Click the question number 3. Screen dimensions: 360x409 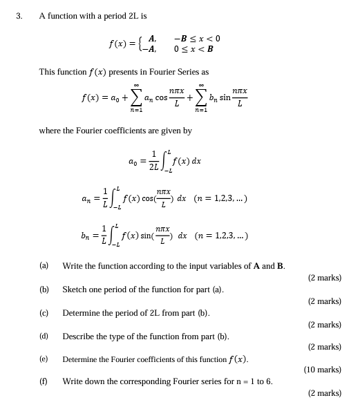click(x=19, y=16)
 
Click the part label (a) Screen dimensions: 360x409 click(x=44, y=265)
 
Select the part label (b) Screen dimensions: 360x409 click(x=44, y=289)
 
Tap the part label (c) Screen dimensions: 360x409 click(x=44, y=312)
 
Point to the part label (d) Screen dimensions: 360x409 click(x=44, y=336)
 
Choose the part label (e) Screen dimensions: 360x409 click(x=44, y=359)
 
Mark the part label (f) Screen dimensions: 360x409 click(x=44, y=381)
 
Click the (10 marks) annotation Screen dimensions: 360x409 click(x=322, y=370)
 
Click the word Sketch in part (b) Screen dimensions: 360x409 click(x=75, y=289)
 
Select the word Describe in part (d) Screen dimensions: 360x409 click(x=79, y=336)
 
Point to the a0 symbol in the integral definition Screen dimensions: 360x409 click(x=133, y=161)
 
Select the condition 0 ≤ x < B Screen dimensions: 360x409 click(x=193, y=49)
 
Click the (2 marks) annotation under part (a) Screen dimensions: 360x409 click(x=324, y=278)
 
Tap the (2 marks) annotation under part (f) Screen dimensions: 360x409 click(x=324, y=393)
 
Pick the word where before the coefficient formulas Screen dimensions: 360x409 click(x=50, y=130)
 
